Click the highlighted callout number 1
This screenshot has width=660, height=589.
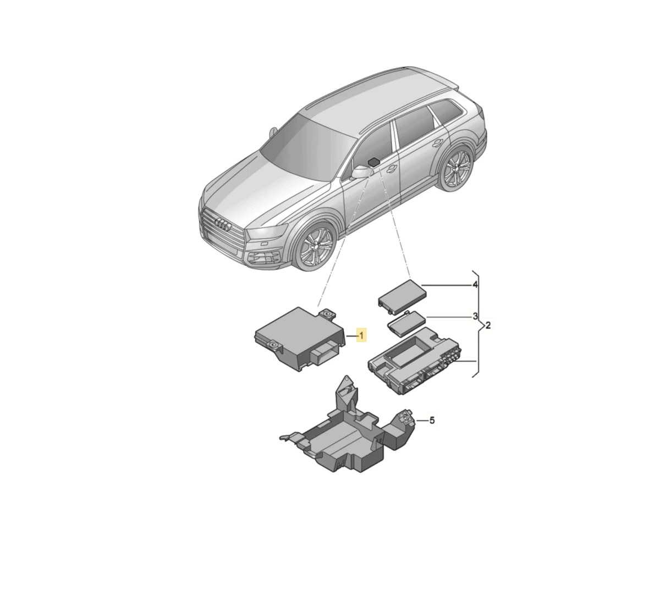tap(361, 335)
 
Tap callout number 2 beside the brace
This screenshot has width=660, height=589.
tap(488, 325)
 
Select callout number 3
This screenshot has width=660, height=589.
tap(475, 316)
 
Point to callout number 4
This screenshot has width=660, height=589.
tap(475, 285)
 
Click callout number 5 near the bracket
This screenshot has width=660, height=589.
tap(432, 421)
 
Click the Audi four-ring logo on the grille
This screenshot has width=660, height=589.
tap(223, 225)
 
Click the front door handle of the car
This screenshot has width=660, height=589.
tap(391, 168)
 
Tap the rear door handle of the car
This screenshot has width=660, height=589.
tap(438, 142)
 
